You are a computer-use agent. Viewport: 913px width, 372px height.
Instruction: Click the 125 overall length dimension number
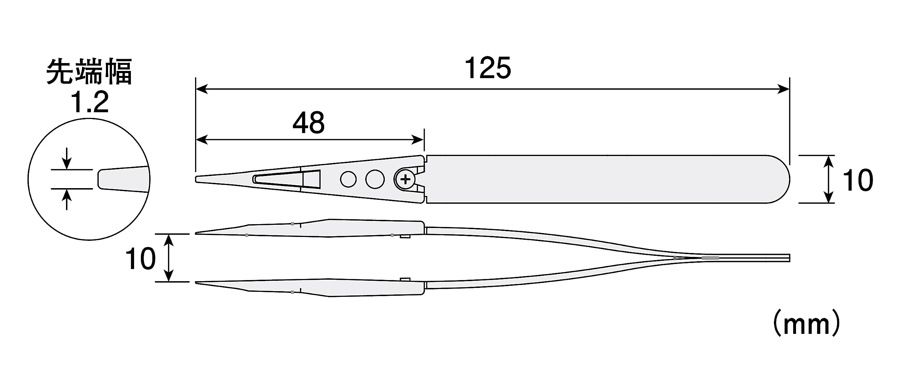point(488,68)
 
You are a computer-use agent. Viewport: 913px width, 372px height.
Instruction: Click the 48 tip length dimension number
point(308,123)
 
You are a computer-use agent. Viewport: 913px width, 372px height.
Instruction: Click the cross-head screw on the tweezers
point(405,179)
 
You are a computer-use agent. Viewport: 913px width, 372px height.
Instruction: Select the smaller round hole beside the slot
point(348,179)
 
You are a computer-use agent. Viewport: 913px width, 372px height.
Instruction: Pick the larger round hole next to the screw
point(375,179)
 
